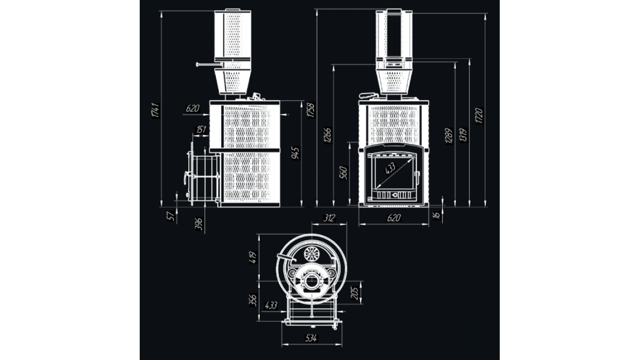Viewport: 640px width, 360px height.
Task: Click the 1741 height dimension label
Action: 156,110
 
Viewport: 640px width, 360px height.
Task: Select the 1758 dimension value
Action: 311,110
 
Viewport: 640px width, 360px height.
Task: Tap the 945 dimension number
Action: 295,154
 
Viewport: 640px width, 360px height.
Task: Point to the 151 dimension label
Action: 201,130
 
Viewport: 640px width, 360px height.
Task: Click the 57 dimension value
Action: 171,216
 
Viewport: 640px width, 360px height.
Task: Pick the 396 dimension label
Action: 199,224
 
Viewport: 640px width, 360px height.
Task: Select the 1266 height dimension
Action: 327,135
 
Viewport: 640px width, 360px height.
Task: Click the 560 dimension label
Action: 343,173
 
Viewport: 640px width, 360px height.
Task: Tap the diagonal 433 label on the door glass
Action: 390,169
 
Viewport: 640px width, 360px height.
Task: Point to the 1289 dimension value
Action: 449,135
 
